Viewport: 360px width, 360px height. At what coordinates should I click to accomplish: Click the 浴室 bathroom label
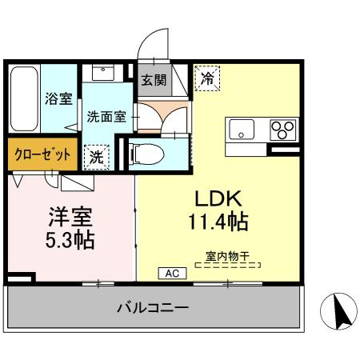[58, 98]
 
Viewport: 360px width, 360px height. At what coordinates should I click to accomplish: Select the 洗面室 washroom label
[106, 115]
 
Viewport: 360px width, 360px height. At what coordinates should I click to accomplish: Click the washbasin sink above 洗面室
[103, 74]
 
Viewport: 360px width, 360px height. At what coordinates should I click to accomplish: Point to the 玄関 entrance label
[154, 80]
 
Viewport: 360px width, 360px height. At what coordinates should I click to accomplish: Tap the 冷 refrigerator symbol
[206, 78]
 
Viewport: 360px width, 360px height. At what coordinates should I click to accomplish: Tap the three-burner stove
[282, 129]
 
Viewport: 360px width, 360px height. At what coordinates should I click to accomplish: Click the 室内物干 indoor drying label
[228, 257]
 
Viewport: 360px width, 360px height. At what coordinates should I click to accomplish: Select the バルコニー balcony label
[152, 307]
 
